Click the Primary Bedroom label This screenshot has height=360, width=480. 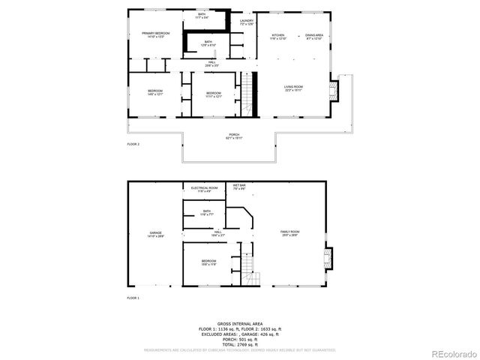[156, 34]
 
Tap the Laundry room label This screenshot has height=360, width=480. [247, 22]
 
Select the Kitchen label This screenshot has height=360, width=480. [278, 37]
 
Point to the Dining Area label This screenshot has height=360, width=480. [314, 37]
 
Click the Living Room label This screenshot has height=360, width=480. [292, 88]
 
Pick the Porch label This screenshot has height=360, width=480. [234, 136]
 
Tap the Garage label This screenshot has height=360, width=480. [155, 235]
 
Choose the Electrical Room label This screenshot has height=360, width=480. [204, 189]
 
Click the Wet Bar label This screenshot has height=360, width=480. [239, 187]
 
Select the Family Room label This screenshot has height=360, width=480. [290, 233]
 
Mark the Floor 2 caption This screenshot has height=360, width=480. [133, 144]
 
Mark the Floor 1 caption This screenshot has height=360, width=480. [133, 298]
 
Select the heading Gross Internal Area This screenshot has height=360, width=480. [239, 323]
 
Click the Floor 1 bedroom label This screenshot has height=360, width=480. [208, 262]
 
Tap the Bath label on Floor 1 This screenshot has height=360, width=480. [208, 214]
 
